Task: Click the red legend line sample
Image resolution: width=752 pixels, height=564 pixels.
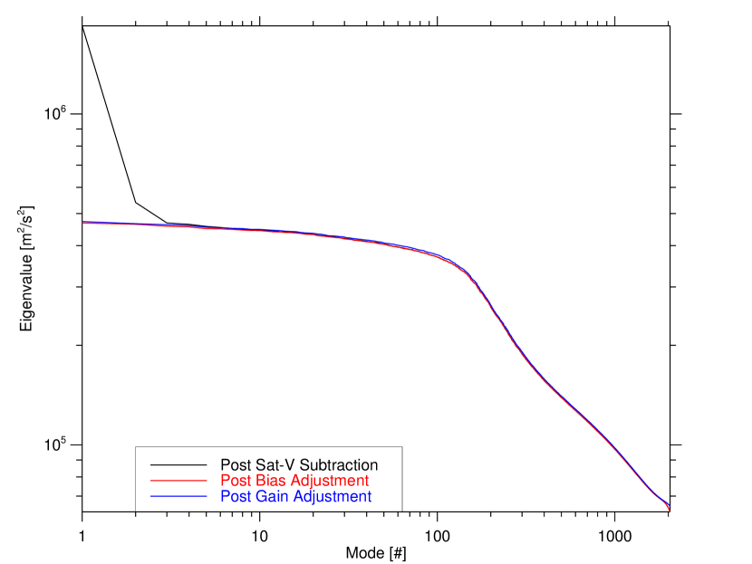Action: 178,480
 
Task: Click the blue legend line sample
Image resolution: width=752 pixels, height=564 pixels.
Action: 178,497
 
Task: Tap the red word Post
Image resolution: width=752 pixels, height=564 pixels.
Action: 236,481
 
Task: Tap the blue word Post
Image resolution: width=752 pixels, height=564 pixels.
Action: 236,497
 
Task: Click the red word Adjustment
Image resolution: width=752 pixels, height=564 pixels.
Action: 331,481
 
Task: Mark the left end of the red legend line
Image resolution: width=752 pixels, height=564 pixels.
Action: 151,480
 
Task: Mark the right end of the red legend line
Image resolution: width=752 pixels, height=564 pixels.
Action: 207,480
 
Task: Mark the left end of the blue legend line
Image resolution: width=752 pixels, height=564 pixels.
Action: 151,497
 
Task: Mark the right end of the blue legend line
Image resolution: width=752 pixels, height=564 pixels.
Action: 207,497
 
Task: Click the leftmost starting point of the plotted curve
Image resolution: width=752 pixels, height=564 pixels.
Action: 83,222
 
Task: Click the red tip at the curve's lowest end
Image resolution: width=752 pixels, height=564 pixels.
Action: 670,511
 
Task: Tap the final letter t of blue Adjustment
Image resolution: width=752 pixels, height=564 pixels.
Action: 370,497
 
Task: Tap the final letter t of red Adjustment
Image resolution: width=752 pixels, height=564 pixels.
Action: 367,481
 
